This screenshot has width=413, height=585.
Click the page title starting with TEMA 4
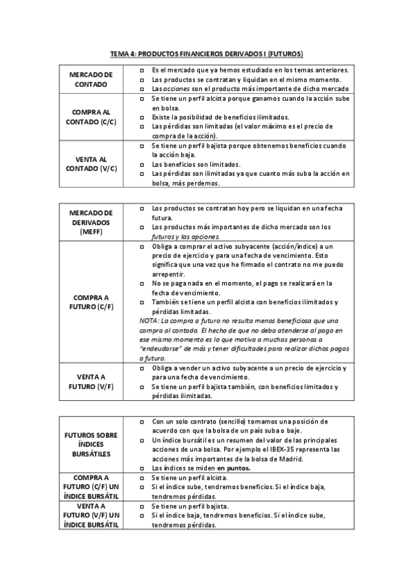tap(207, 53)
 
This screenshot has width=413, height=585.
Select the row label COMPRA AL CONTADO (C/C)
tap(91, 117)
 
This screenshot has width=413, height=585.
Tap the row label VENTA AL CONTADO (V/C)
tap(91, 164)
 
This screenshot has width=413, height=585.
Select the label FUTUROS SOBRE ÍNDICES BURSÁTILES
tap(91, 445)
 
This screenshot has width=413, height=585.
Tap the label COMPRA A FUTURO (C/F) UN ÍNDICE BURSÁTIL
tap(91, 486)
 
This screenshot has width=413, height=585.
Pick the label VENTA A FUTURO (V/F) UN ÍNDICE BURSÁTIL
tap(91, 515)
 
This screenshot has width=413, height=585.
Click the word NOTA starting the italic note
tap(149, 320)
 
